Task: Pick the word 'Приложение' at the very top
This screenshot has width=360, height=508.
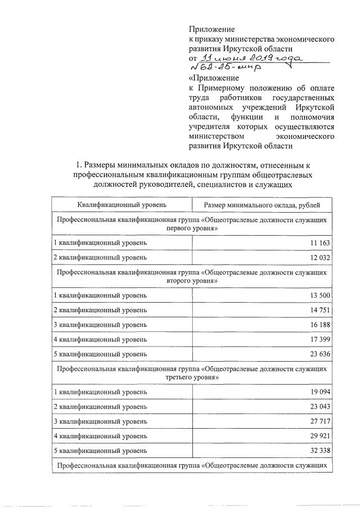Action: point(211,29)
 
